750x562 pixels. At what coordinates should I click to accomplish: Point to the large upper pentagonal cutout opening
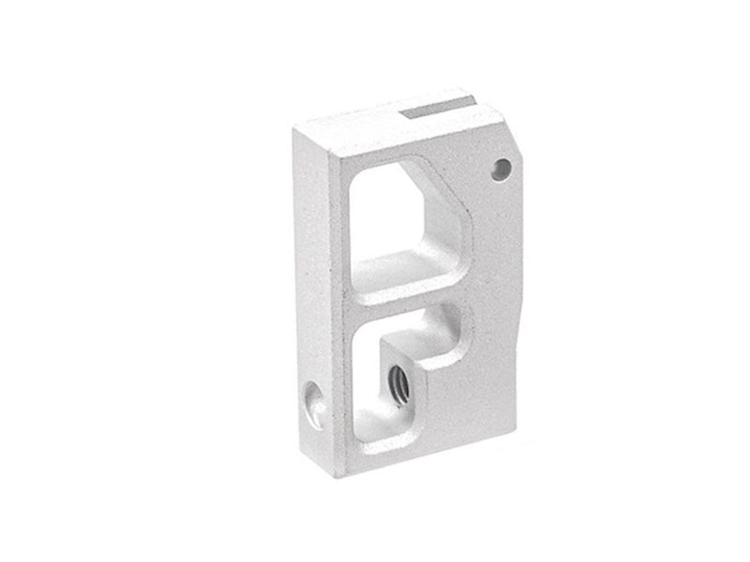408,220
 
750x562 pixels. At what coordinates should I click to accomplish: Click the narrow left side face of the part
305,281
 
